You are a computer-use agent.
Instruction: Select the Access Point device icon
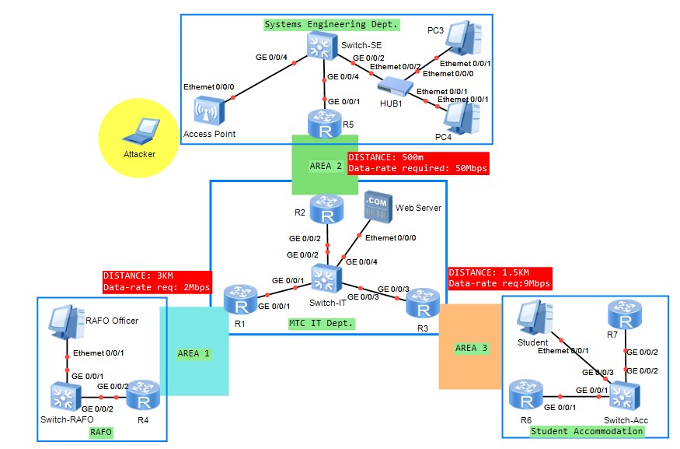click(214, 111)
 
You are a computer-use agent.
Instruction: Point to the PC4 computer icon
click(461, 117)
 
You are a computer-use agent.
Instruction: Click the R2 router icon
click(326, 208)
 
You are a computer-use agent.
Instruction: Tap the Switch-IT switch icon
click(325, 279)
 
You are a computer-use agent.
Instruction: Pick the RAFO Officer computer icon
click(65, 324)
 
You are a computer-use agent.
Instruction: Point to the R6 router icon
click(525, 395)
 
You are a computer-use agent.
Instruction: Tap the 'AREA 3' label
click(471, 348)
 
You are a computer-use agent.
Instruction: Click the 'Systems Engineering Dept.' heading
click(331, 24)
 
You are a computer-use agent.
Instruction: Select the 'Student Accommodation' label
click(587, 431)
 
